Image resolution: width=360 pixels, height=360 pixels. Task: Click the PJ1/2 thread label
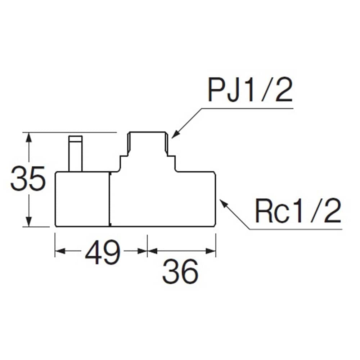250,91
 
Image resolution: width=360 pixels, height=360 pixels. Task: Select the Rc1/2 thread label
298,211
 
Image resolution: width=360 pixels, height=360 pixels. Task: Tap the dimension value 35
28,179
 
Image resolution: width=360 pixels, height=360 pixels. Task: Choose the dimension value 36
180,272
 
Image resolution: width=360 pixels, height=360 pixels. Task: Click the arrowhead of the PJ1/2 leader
175,135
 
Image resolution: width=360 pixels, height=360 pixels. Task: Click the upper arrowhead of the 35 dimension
28,137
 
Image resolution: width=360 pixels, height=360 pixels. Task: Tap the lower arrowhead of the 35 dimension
28,222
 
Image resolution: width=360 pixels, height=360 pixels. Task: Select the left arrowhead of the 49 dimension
60,251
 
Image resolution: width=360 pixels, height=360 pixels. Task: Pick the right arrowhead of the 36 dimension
211,251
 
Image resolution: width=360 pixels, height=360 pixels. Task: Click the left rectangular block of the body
82,199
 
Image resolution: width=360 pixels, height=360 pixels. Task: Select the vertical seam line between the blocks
110,199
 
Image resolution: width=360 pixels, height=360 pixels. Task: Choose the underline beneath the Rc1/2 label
296,229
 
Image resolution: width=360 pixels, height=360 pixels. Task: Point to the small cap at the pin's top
76,139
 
